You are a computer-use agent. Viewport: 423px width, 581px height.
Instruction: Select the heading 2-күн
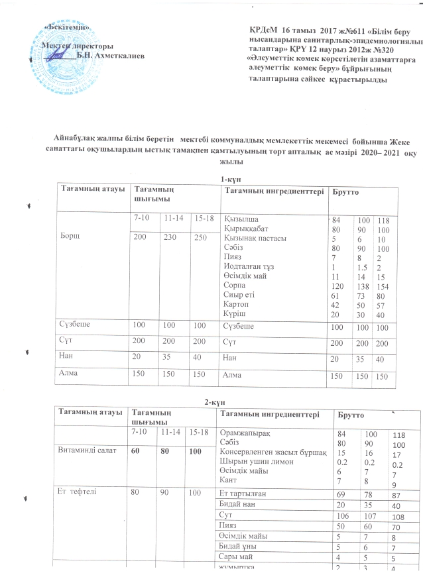pyautogui.click(x=211, y=403)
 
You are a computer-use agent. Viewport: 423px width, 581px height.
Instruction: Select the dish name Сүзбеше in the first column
pyautogui.click(x=76, y=326)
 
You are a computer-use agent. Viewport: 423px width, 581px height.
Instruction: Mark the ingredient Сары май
pyautogui.click(x=237, y=558)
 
